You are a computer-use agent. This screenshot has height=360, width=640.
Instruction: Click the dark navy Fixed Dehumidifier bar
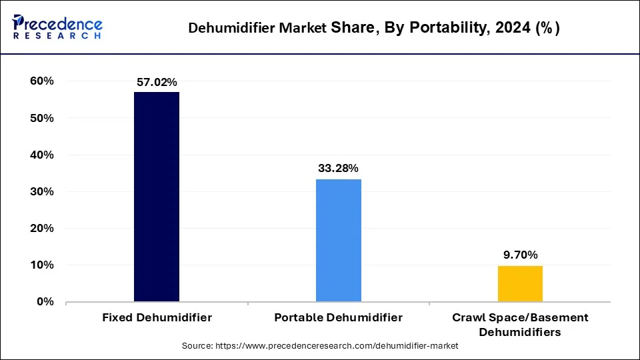[157, 197]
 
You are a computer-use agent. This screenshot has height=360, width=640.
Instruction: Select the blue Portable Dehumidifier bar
[339, 240]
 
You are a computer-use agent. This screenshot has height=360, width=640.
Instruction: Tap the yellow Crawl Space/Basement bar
[520, 283]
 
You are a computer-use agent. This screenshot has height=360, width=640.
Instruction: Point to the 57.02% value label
[157, 83]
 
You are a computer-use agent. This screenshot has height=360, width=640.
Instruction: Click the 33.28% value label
[339, 169]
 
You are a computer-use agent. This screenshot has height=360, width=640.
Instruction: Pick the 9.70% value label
[520, 255]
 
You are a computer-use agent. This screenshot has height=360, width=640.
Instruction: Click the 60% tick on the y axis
[41, 81]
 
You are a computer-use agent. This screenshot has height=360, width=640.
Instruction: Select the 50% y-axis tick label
[41, 118]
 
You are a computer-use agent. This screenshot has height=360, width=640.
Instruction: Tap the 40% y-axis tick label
[41, 155]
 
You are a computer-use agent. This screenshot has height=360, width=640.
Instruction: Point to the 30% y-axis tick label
[41, 191]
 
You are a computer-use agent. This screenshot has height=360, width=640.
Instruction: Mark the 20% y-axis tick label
[41, 228]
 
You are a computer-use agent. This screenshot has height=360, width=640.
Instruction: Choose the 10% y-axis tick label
[41, 265]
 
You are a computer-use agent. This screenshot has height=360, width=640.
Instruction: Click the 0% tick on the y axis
[45, 301]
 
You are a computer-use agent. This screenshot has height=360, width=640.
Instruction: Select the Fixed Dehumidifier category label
[157, 317]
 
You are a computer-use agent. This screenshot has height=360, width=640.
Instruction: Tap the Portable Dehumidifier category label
[339, 317]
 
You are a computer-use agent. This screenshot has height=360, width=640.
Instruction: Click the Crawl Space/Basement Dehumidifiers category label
[520, 324]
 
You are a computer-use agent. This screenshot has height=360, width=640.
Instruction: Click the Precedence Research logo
[57, 27]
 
